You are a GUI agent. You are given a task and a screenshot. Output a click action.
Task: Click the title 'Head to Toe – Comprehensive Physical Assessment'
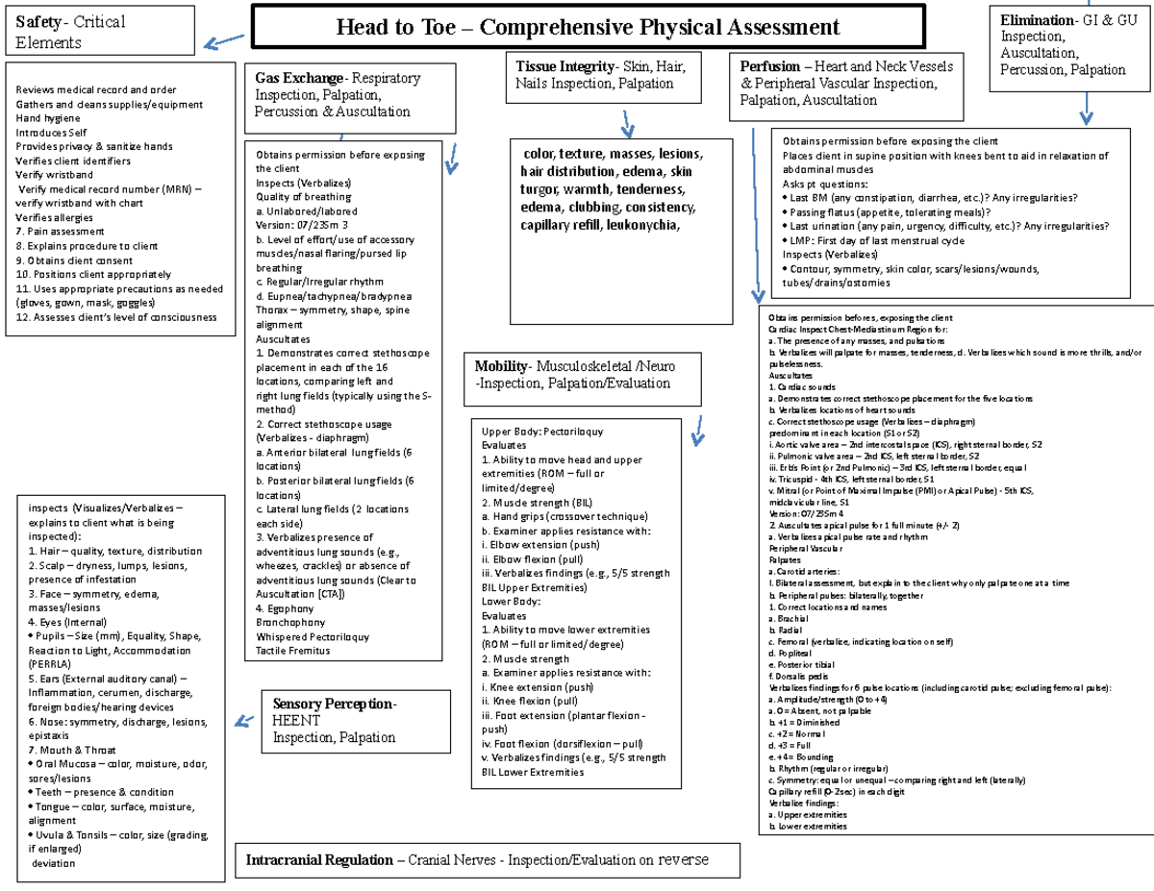coord(588,28)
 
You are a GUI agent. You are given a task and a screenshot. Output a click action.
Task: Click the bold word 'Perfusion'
coord(770,67)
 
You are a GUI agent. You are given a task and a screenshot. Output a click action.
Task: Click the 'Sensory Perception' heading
coord(333,704)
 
